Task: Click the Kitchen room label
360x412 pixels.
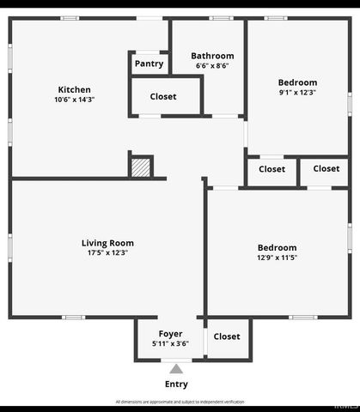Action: tap(74, 89)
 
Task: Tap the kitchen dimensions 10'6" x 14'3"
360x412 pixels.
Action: tap(74, 100)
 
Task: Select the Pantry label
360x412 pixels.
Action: tap(149, 64)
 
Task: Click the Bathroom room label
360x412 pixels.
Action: tap(212, 57)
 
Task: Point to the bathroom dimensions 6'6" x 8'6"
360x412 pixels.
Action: tap(212, 66)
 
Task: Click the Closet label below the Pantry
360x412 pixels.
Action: tap(163, 97)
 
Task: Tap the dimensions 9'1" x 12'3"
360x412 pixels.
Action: tap(297, 93)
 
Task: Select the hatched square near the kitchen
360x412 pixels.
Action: tap(140, 167)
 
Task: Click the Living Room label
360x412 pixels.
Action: tap(107, 243)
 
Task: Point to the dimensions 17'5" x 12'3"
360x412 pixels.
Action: tap(107, 253)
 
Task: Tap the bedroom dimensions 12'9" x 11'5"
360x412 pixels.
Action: tap(277, 257)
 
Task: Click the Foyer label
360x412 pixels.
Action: tap(170, 333)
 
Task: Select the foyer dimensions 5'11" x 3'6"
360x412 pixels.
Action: tap(170, 343)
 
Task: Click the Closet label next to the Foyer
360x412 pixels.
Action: tap(227, 336)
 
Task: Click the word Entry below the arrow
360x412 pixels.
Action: tap(175, 384)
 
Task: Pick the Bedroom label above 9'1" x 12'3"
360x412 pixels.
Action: tap(297, 82)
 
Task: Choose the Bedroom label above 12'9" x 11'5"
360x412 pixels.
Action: tap(277, 247)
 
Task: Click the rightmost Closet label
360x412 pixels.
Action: tap(326, 168)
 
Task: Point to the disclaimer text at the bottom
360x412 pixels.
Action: tap(180, 402)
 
